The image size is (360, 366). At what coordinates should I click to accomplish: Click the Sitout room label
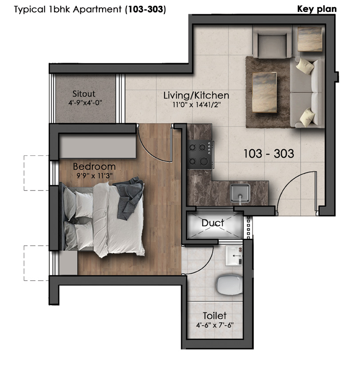tap(84, 94)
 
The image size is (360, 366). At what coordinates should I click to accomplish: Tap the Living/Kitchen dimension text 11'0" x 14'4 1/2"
tap(197, 104)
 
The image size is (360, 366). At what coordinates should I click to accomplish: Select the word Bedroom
tap(94, 167)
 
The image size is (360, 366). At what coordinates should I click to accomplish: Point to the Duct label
tap(213, 223)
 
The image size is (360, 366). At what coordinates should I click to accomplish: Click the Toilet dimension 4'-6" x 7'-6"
tap(215, 325)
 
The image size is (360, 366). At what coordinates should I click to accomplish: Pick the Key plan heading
tap(317, 9)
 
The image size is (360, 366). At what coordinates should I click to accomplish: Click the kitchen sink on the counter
tap(240, 193)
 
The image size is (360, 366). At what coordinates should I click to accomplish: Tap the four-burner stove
tap(200, 154)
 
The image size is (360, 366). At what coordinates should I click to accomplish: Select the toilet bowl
tap(229, 285)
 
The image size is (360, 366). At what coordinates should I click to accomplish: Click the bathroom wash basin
tap(234, 255)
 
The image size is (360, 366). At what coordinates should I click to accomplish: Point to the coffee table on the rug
tap(265, 92)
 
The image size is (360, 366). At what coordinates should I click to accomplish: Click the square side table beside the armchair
tap(310, 39)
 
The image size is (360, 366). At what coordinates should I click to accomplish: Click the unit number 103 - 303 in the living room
tap(269, 154)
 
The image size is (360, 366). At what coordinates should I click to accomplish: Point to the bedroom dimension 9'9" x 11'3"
tap(95, 175)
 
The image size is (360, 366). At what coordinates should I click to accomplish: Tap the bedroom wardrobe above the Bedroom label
tap(98, 147)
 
